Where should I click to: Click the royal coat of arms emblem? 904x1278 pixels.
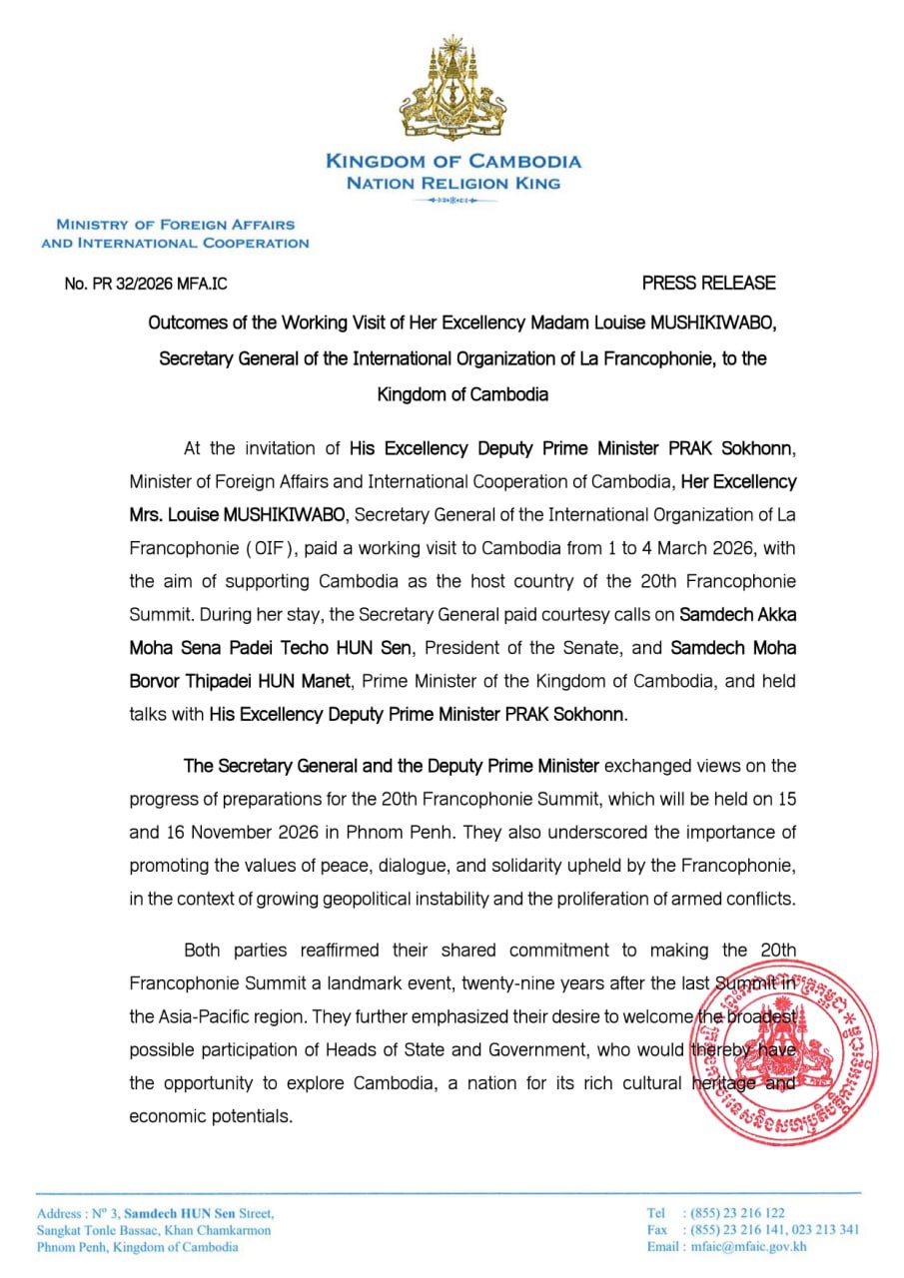(x=452, y=88)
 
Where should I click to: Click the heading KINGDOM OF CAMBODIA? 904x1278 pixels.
(x=452, y=162)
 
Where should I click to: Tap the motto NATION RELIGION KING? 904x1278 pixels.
(x=452, y=183)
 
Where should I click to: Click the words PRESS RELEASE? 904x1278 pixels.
(x=708, y=284)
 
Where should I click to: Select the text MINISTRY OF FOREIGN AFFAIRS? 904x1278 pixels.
(x=175, y=225)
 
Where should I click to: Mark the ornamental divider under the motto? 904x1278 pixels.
(x=452, y=201)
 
